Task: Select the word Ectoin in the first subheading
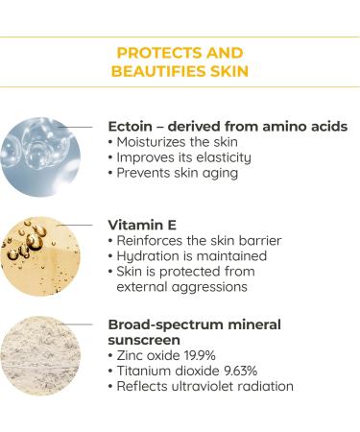[133, 127]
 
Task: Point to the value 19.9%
[209, 355]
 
